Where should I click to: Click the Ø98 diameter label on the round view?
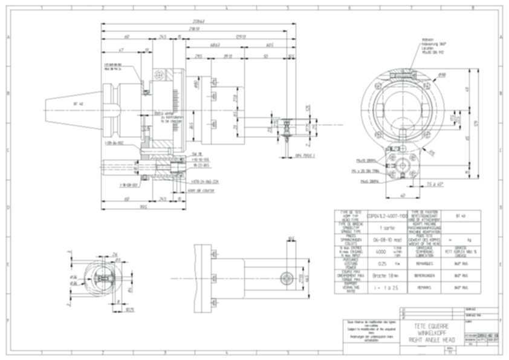tap(458, 75)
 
